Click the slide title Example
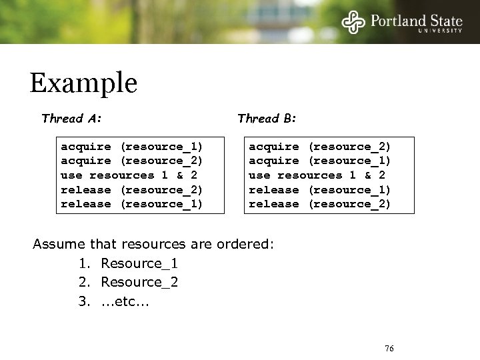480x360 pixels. click(83, 83)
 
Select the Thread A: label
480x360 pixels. click(71, 119)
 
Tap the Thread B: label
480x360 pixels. click(267, 119)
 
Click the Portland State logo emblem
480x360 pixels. click(354, 21)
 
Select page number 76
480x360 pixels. click(390, 348)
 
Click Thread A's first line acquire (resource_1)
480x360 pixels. click(132, 146)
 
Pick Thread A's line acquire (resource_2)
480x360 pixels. click(132, 161)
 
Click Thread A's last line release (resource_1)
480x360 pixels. click(132, 204)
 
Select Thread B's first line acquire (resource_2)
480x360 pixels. click(320, 146)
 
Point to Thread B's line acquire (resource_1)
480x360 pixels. click(320, 161)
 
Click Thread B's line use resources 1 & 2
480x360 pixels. click(317, 175)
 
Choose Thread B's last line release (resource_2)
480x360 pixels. click(320, 204)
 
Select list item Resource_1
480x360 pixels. click(139, 263)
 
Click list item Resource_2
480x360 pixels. click(139, 282)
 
